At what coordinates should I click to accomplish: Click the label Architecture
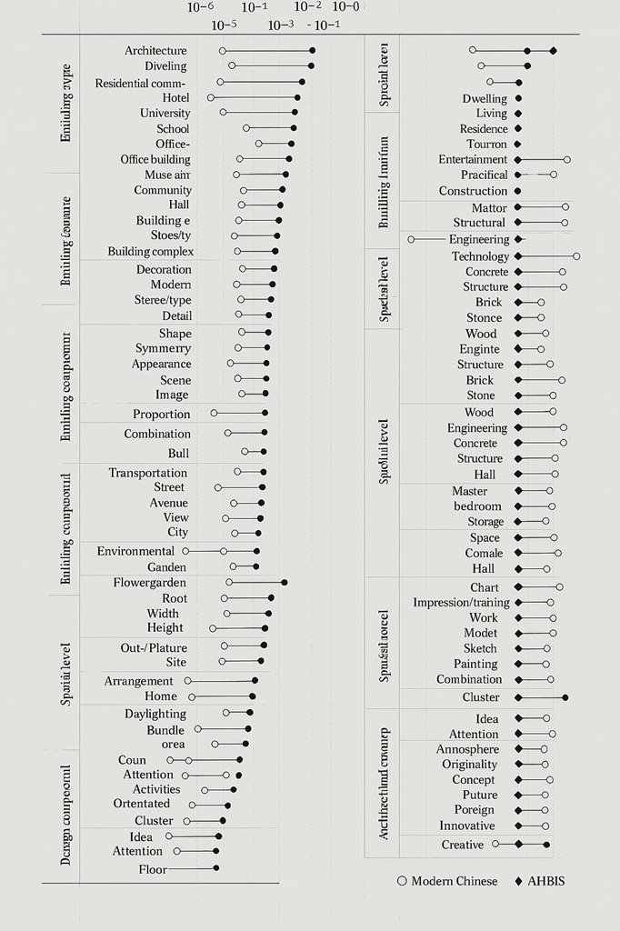click(155, 51)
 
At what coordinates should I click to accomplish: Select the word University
click(165, 113)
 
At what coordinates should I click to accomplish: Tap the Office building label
click(155, 159)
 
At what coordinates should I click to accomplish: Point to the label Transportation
click(148, 473)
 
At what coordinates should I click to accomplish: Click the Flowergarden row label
click(150, 582)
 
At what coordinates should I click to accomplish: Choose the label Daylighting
click(155, 714)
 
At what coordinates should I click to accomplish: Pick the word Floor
click(153, 869)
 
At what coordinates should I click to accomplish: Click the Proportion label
click(161, 415)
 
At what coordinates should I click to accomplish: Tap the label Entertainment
click(473, 159)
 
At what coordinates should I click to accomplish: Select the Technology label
click(480, 256)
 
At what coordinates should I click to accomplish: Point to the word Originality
click(469, 765)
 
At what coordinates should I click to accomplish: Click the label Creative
click(463, 845)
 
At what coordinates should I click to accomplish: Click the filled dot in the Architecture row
click(312, 51)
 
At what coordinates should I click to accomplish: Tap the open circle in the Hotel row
click(211, 97)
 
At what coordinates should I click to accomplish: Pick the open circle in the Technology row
click(576, 256)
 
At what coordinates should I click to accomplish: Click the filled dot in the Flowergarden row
click(285, 582)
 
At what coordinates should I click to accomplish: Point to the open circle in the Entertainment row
click(567, 159)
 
